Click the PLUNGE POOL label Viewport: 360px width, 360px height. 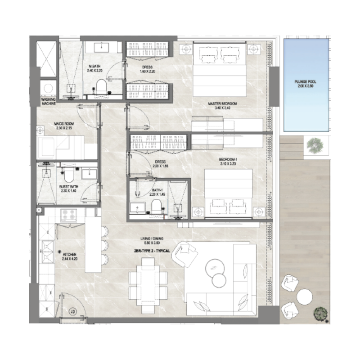pos(304,82)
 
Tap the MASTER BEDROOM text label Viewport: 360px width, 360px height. pos(222,103)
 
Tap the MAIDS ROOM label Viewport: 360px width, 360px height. pos(64,124)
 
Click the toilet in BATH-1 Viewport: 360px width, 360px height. pos(156,206)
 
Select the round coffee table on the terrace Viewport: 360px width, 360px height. pos(305,297)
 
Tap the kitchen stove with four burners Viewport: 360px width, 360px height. pos(69,215)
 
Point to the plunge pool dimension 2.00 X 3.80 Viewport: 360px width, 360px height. pos(304,87)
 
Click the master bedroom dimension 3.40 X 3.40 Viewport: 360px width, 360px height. pos(222,108)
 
